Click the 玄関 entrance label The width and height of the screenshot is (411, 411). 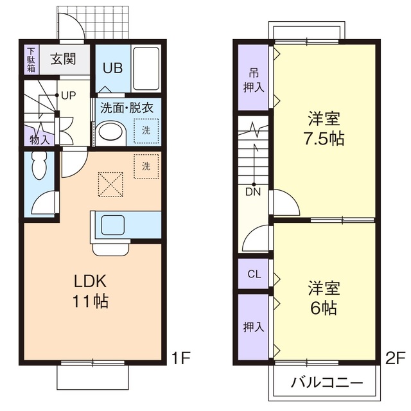point(63,59)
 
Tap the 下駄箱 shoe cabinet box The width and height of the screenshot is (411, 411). point(31,59)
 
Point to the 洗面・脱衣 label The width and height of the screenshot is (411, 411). point(127,108)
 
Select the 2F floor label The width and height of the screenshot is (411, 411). point(394,356)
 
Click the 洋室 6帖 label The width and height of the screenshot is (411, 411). point(323,297)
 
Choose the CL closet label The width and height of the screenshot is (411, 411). point(254,274)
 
